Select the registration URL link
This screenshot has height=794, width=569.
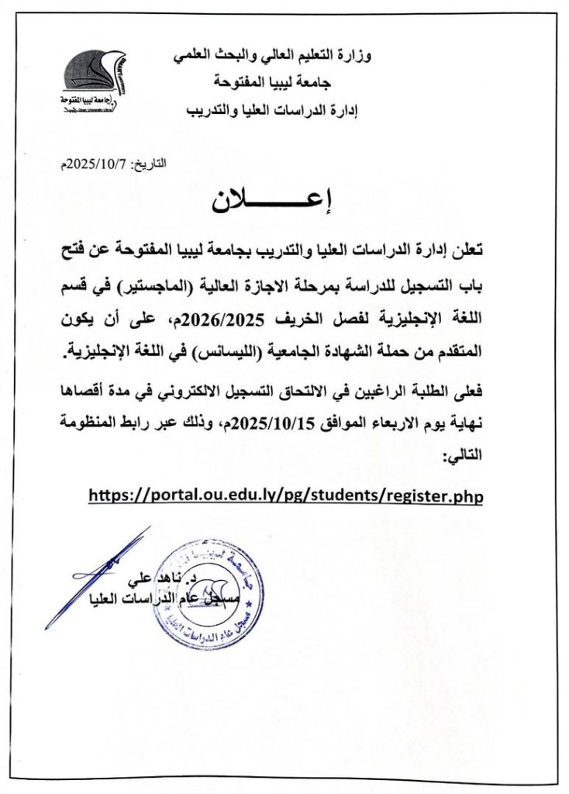point(285,495)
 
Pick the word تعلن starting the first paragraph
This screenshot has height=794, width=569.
point(467,252)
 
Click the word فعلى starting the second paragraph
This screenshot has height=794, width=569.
point(467,390)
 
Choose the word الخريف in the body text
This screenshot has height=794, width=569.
point(318,319)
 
